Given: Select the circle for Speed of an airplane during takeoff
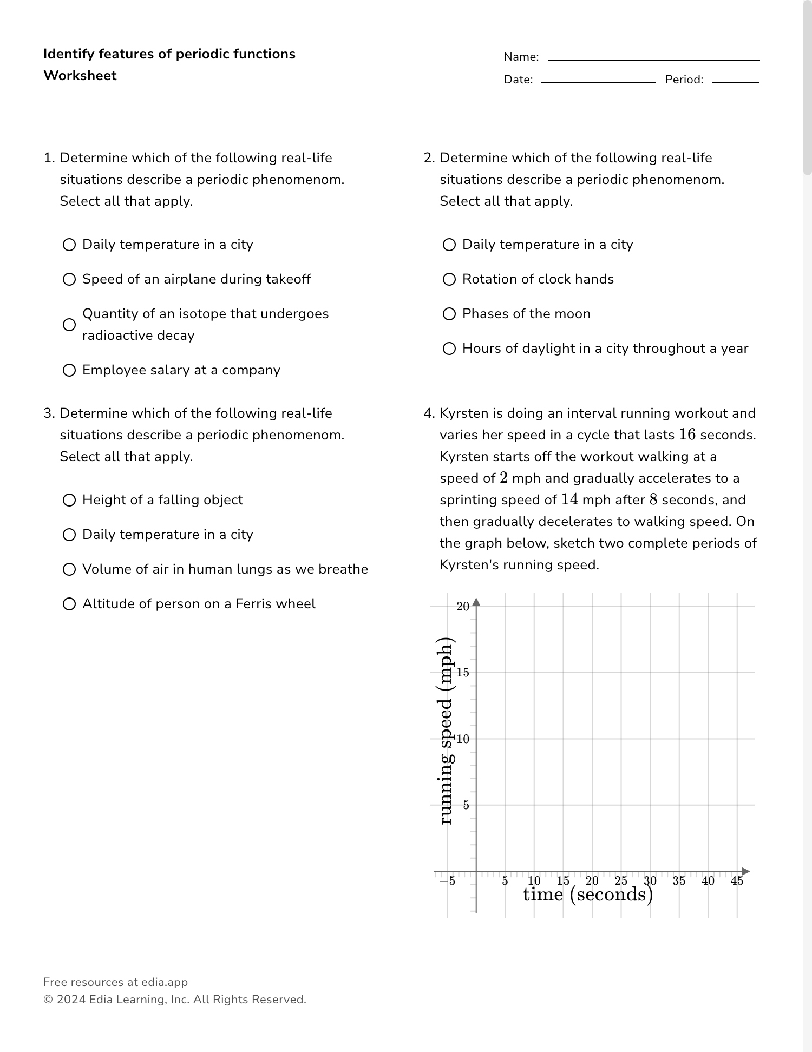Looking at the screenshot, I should click(69, 279).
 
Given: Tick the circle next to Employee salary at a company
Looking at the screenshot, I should click(69, 370).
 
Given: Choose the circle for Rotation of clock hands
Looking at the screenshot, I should click(449, 279).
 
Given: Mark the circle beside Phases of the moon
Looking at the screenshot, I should click(449, 314).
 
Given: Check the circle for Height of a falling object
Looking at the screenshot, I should click(69, 500).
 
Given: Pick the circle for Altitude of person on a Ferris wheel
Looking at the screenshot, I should click(69, 604).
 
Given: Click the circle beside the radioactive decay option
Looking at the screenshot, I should click(69, 325).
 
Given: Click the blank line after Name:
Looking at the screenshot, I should click(653, 58).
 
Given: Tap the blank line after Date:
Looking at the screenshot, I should click(598, 81).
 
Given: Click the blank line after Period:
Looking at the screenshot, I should click(735, 81).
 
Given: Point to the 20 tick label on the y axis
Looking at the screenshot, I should click(463, 607).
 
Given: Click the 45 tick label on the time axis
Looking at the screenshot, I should click(737, 881).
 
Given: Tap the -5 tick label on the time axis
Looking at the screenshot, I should click(447, 881).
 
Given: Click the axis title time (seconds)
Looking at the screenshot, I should click(588, 895).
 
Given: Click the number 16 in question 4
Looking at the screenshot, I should click(687, 435).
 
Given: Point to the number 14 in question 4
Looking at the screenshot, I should click(569, 499).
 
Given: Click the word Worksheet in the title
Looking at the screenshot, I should click(80, 76).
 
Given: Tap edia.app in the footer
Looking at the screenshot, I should click(165, 982).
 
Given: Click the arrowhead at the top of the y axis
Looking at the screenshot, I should click(476, 602).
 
